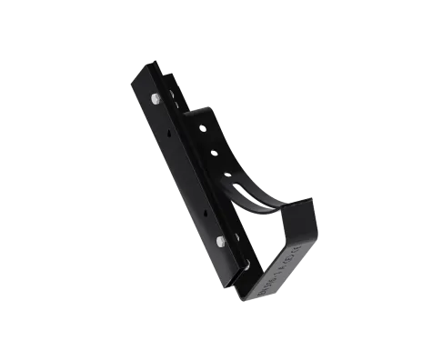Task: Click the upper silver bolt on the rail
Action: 159,97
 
